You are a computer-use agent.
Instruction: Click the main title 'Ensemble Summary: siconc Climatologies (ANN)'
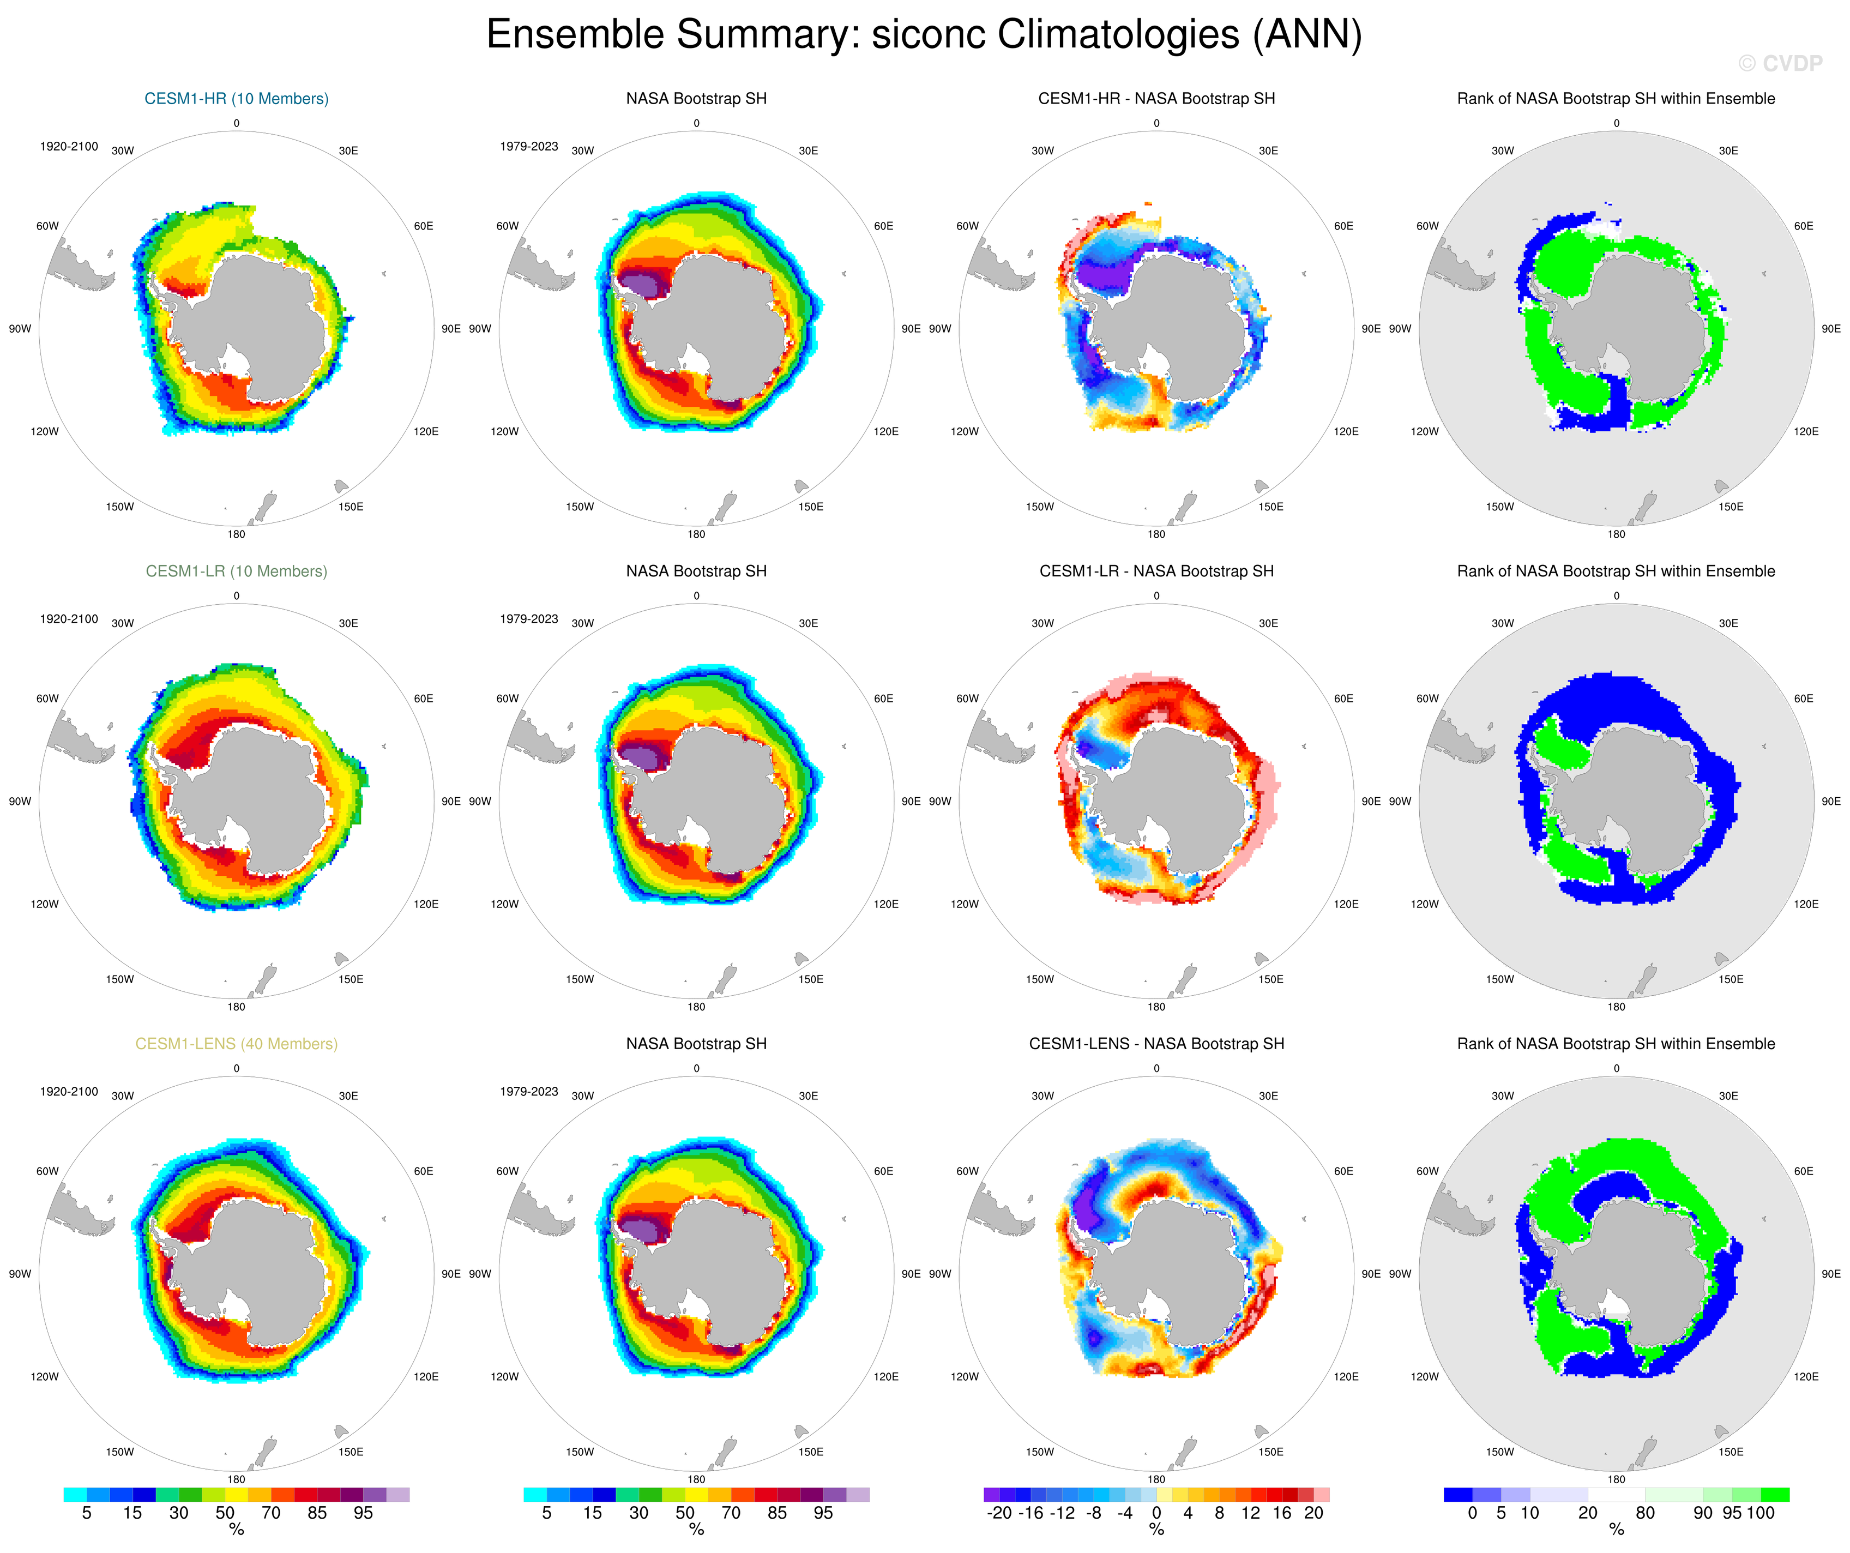(924, 35)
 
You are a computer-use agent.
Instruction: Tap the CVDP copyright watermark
(1780, 63)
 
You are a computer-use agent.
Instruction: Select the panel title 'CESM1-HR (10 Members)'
(236, 99)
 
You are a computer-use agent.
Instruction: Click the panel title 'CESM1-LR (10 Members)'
(236, 571)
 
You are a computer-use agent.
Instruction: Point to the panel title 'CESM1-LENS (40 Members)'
(236, 1044)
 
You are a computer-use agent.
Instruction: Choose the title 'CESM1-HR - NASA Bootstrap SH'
(1156, 99)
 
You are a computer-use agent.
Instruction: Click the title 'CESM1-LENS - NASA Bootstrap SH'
(1156, 1044)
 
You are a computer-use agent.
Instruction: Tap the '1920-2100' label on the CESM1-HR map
(69, 146)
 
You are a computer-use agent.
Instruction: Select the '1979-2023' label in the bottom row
(528, 1092)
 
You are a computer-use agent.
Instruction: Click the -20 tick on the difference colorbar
(999, 1513)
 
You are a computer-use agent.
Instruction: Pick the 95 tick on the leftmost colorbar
(363, 1513)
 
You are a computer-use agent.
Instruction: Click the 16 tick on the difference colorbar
(1282, 1513)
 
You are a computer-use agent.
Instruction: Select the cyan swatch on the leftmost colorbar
(75, 1495)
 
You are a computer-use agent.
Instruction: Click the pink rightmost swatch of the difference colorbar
(1322, 1495)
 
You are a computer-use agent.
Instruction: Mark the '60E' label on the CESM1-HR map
(424, 226)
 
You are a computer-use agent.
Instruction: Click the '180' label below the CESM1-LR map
(236, 1007)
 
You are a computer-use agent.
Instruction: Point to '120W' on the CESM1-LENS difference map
(965, 1377)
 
